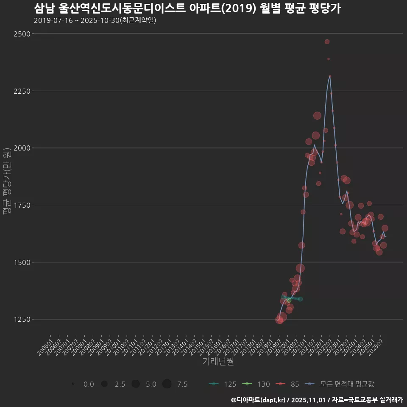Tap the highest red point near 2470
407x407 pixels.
pos(327,42)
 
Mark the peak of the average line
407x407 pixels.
pos(330,76)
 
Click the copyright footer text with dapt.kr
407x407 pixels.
pos(317,399)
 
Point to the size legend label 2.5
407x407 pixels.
pos(120,384)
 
